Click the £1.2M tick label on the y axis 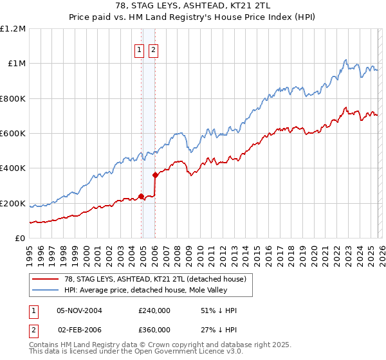tap(13, 29)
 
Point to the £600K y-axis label tap(13, 134)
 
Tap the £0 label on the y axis tap(19, 239)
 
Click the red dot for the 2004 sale tap(141, 197)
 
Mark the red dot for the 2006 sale tap(155, 175)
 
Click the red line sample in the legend tap(45, 278)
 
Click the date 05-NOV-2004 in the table tap(79, 310)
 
